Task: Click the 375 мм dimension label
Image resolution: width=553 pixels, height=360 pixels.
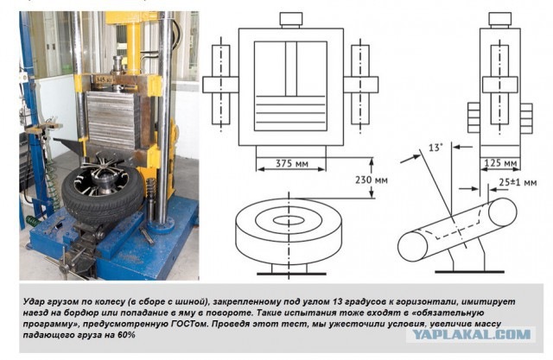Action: [x=292, y=163]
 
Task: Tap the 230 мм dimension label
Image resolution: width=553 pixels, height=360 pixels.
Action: [x=372, y=180]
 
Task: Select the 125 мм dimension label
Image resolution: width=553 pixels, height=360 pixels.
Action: [x=500, y=163]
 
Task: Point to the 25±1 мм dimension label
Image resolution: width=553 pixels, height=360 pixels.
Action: [x=518, y=182]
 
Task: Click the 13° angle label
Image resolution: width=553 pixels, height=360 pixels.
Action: [x=435, y=148]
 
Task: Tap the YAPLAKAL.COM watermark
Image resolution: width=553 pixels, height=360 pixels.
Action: [x=471, y=334]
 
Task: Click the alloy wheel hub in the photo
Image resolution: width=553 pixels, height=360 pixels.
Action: [x=100, y=179]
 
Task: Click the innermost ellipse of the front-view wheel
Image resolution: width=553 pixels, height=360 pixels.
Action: [x=289, y=220]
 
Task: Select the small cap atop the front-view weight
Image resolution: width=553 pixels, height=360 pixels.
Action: [x=291, y=20]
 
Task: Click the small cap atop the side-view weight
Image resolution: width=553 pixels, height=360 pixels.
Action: [x=499, y=20]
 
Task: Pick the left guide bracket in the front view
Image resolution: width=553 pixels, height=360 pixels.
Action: [x=221, y=85]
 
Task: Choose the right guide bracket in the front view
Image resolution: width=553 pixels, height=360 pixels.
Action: [x=360, y=85]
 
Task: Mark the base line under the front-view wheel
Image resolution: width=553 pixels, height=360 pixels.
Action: [x=291, y=274]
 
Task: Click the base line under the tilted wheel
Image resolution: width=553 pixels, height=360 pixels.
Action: [x=469, y=272]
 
